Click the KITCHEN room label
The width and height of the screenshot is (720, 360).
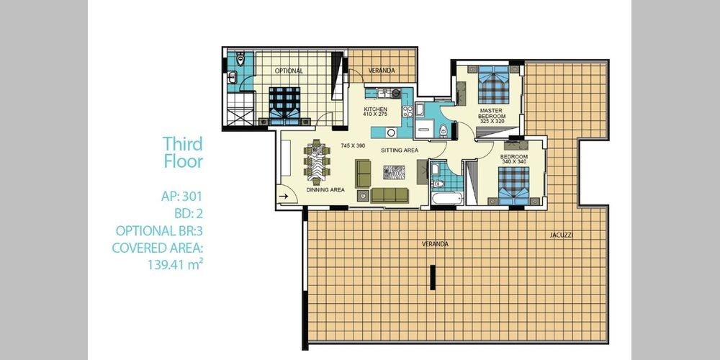pyautogui.click(x=376, y=109)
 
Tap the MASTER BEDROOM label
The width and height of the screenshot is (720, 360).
pyautogui.click(x=491, y=114)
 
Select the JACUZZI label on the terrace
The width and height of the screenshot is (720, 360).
pyautogui.click(x=561, y=235)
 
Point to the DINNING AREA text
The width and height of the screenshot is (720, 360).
pyautogui.click(x=325, y=189)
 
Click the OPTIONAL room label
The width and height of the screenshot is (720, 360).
pyautogui.click(x=289, y=71)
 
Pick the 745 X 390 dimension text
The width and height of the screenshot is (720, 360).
pyautogui.click(x=353, y=145)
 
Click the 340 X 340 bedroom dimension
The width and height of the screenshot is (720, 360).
pyautogui.click(x=514, y=161)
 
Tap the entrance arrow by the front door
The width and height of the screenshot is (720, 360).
pyautogui.click(x=283, y=196)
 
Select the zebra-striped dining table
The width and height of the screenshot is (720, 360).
pyautogui.click(x=317, y=163)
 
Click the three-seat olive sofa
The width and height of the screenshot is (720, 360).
pyautogui.click(x=390, y=195)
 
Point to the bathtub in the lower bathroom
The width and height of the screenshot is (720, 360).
pyautogui.click(x=447, y=199)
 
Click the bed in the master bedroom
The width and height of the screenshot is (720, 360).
pyautogui.click(x=494, y=84)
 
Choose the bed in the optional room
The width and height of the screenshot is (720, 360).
pyautogui.click(x=284, y=106)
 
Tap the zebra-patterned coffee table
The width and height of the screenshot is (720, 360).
pyautogui.click(x=395, y=172)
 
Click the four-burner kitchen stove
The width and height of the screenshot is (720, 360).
pyautogui.click(x=407, y=111)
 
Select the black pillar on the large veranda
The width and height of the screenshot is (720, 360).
pyautogui.click(x=432, y=277)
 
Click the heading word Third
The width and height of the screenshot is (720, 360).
pyautogui.click(x=182, y=144)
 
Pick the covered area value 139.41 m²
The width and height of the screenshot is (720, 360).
pyautogui.click(x=176, y=264)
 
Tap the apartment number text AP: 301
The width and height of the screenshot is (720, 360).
pyautogui.click(x=182, y=197)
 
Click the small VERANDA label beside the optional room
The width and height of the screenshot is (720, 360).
pyautogui.click(x=382, y=71)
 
